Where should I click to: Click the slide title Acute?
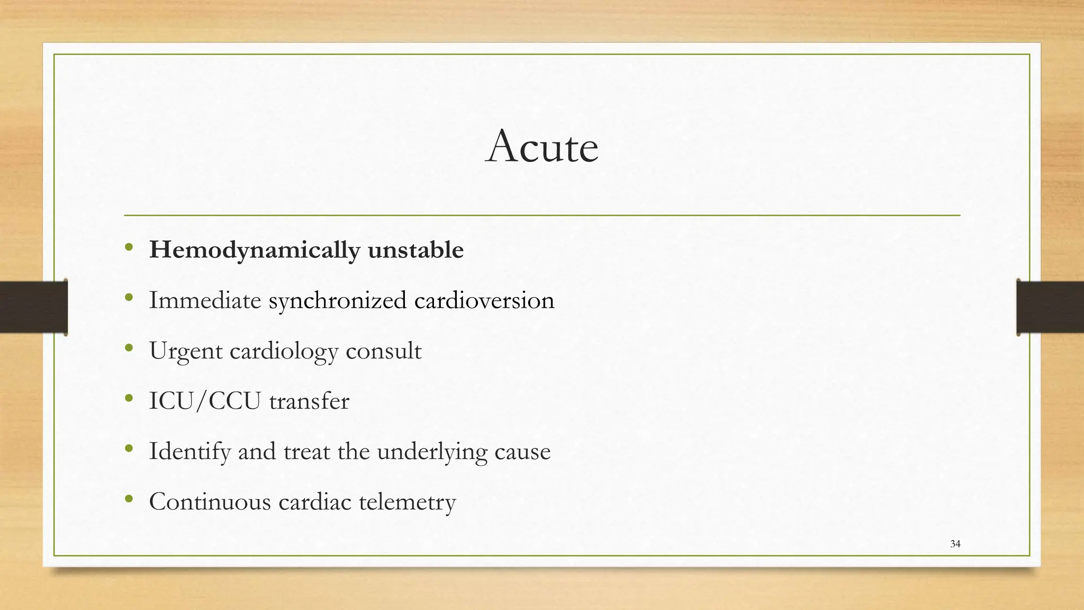click(542, 147)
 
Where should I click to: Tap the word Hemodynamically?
click(254, 250)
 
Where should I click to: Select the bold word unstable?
click(415, 250)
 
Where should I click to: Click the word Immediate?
click(205, 300)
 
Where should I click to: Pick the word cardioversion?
click(484, 300)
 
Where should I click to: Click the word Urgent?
click(186, 351)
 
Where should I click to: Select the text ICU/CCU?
click(205, 401)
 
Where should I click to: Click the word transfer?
click(309, 401)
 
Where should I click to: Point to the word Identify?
click(189, 452)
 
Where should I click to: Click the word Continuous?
click(210, 501)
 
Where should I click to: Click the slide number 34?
click(955, 544)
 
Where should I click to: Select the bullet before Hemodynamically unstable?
click(129, 247)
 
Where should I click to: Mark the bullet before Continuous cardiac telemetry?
click(129, 499)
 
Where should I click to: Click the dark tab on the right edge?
click(1050, 307)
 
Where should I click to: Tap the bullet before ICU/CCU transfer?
click(129, 398)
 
